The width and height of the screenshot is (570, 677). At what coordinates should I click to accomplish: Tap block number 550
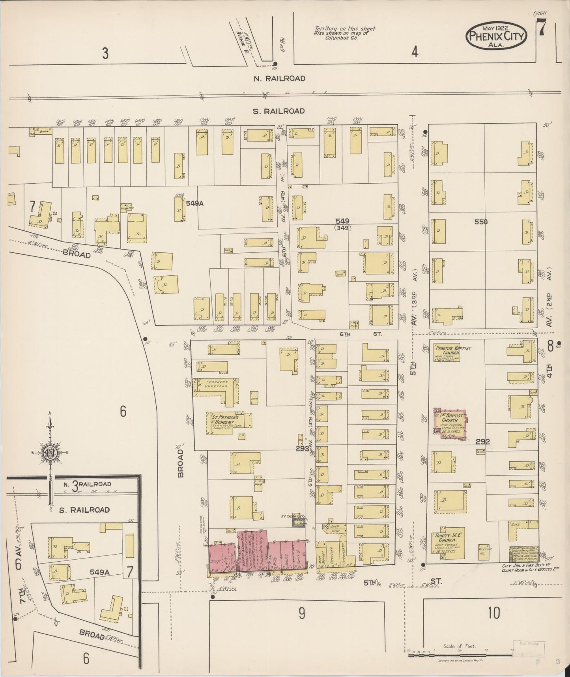point(481,222)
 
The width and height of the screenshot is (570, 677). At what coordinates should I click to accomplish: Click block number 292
point(482,442)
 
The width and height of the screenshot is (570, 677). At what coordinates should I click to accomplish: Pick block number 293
point(302,448)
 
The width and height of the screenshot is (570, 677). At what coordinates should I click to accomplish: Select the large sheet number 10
point(493,613)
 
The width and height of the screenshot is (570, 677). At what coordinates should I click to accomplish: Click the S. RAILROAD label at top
point(278,111)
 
